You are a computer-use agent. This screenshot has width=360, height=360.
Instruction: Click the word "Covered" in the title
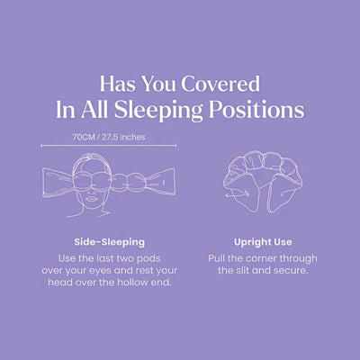pyautogui.click(x=219, y=85)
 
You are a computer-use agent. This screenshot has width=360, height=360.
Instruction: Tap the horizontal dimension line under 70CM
pyautogui.click(x=99, y=147)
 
